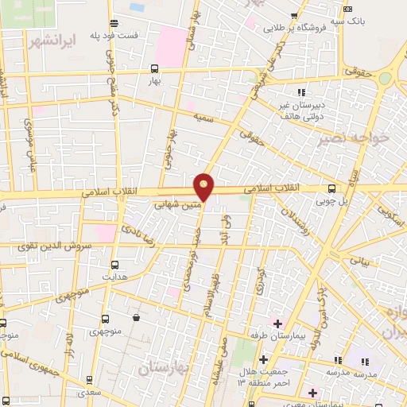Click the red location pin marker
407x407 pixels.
point(204,187)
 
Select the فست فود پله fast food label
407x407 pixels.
point(133,36)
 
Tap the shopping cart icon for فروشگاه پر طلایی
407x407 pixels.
point(295,15)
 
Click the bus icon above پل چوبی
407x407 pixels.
point(331,188)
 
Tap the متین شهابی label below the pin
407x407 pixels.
point(172,203)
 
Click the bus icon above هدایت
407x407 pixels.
point(114,265)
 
